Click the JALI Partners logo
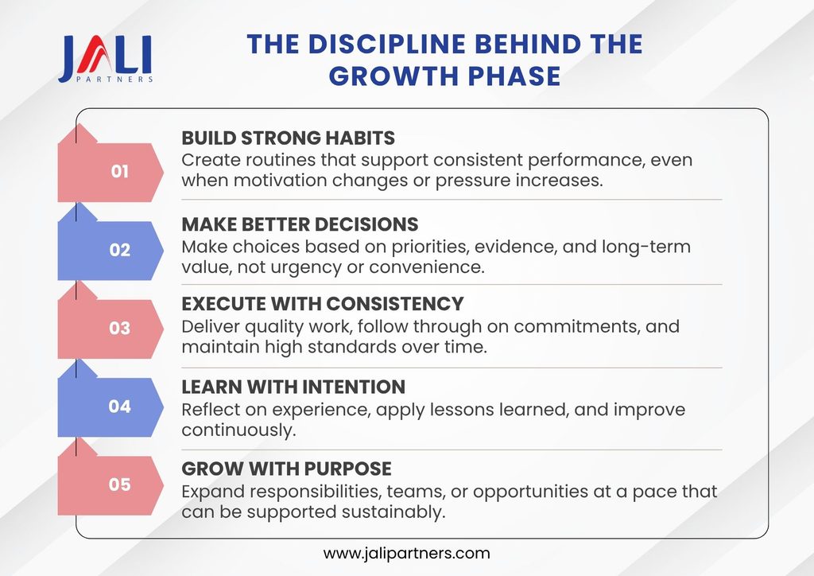pos(106,59)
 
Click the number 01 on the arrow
pos(119,171)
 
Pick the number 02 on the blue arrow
pos(119,250)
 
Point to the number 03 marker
pos(119,329)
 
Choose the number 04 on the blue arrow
pos(119,407)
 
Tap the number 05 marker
pos(119,485)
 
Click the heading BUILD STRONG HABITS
pos(288,138)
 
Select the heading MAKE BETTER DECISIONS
pos(300,224)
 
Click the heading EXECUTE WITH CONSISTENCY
pos(323,304)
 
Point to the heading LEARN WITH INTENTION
pos(293,387)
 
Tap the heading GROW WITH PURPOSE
pos(286,469)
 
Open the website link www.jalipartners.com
pos(406,554)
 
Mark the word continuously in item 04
pos(238,430)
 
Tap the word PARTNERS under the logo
pos(114,80)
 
